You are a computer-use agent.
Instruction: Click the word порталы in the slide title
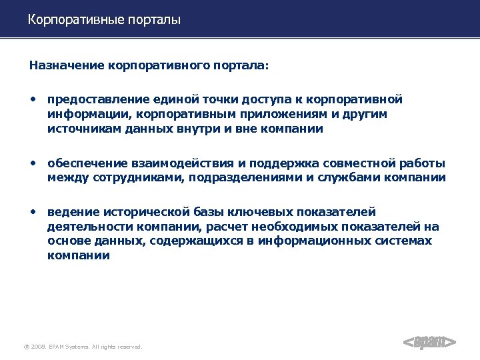(x=150, y=20)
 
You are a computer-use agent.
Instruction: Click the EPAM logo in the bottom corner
(x=430, y=342)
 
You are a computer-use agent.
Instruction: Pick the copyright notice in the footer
(x=83, y=347)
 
